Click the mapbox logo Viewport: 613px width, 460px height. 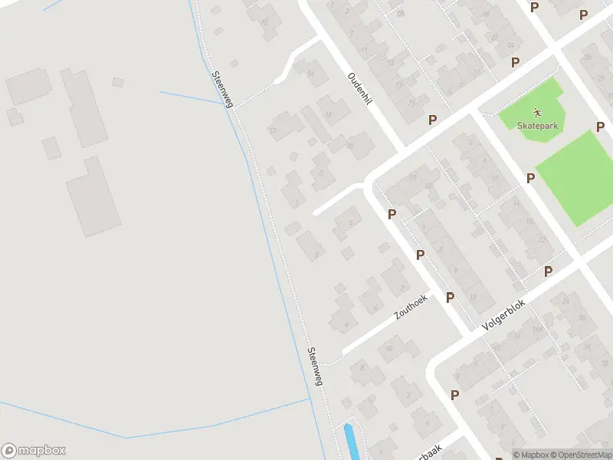[x=34, y=451]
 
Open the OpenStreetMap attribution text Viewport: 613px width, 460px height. [x=582, y=455]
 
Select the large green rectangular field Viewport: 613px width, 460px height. [x=576, y=177]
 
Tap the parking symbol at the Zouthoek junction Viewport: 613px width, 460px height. [x=450, y=297]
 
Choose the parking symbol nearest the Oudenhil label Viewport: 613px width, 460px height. [x=432, y=120]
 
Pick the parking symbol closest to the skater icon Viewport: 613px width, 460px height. [x=515, y=61]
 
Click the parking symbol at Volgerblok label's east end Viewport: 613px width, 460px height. [x=548, y=271]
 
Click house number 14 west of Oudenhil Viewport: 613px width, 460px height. [x=311, y=73]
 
